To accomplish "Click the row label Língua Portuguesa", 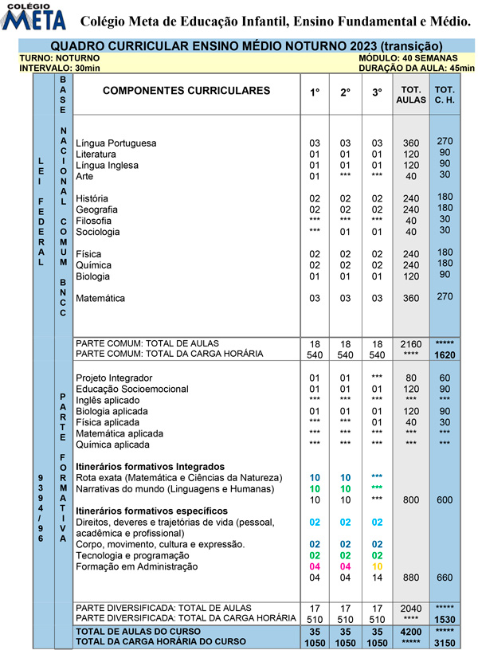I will tap(116, 143).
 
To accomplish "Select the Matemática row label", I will tap(100, 299).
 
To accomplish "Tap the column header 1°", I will tap(315, 92).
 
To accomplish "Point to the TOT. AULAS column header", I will tap(410, 95).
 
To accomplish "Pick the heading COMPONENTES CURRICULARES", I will tap(186, 91).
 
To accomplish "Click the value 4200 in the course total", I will tap(411, 630).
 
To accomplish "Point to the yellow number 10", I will tap(378, 566).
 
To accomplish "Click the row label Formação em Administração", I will tap(136, 566).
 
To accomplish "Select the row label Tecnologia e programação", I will tap(132, 555).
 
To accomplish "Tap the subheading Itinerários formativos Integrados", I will tap(150, 466).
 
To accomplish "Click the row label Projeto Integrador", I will tap(114, 378).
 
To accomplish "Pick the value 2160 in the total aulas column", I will tap(411, 343).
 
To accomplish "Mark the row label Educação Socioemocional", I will tap(132, 389).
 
